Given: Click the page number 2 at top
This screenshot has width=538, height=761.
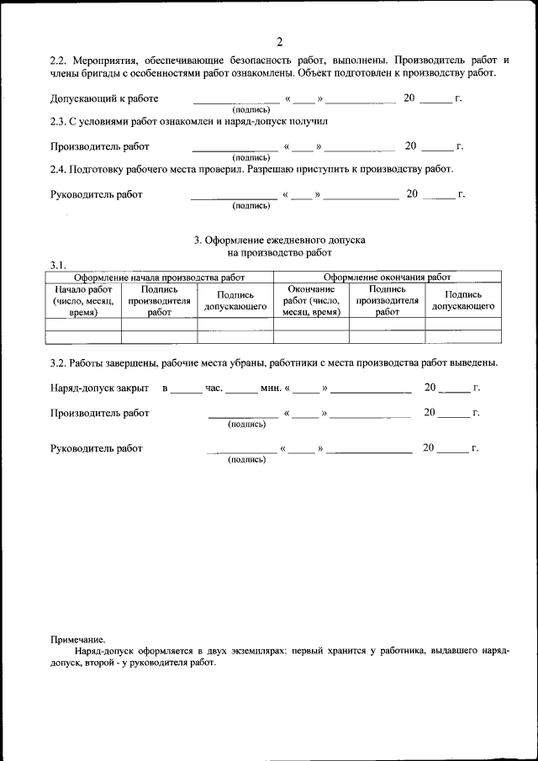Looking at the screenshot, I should coord(279,42).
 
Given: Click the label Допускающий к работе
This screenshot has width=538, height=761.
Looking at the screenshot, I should coord(104,98).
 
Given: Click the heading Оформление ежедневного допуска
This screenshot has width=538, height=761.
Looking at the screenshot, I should coord(279,240).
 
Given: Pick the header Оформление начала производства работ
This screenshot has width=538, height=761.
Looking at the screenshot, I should coord(160,277).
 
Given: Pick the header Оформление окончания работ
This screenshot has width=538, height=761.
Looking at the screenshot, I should coord(387,277).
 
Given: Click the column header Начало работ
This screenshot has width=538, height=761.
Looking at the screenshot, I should coord(83,301).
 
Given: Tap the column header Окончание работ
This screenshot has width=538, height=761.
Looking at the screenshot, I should coord(311,301).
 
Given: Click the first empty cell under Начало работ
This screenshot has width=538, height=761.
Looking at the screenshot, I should coord(83,324).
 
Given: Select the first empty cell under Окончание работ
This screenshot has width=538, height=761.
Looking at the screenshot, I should coord(311,324).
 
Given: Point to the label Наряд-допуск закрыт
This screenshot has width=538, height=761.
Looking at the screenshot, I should coord(100,388).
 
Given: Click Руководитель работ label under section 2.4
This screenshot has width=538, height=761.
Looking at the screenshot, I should coord(97,194).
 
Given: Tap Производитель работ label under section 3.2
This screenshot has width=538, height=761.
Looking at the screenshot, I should coord(100,413).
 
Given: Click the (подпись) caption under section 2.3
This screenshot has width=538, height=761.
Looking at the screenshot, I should coord(251,157).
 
